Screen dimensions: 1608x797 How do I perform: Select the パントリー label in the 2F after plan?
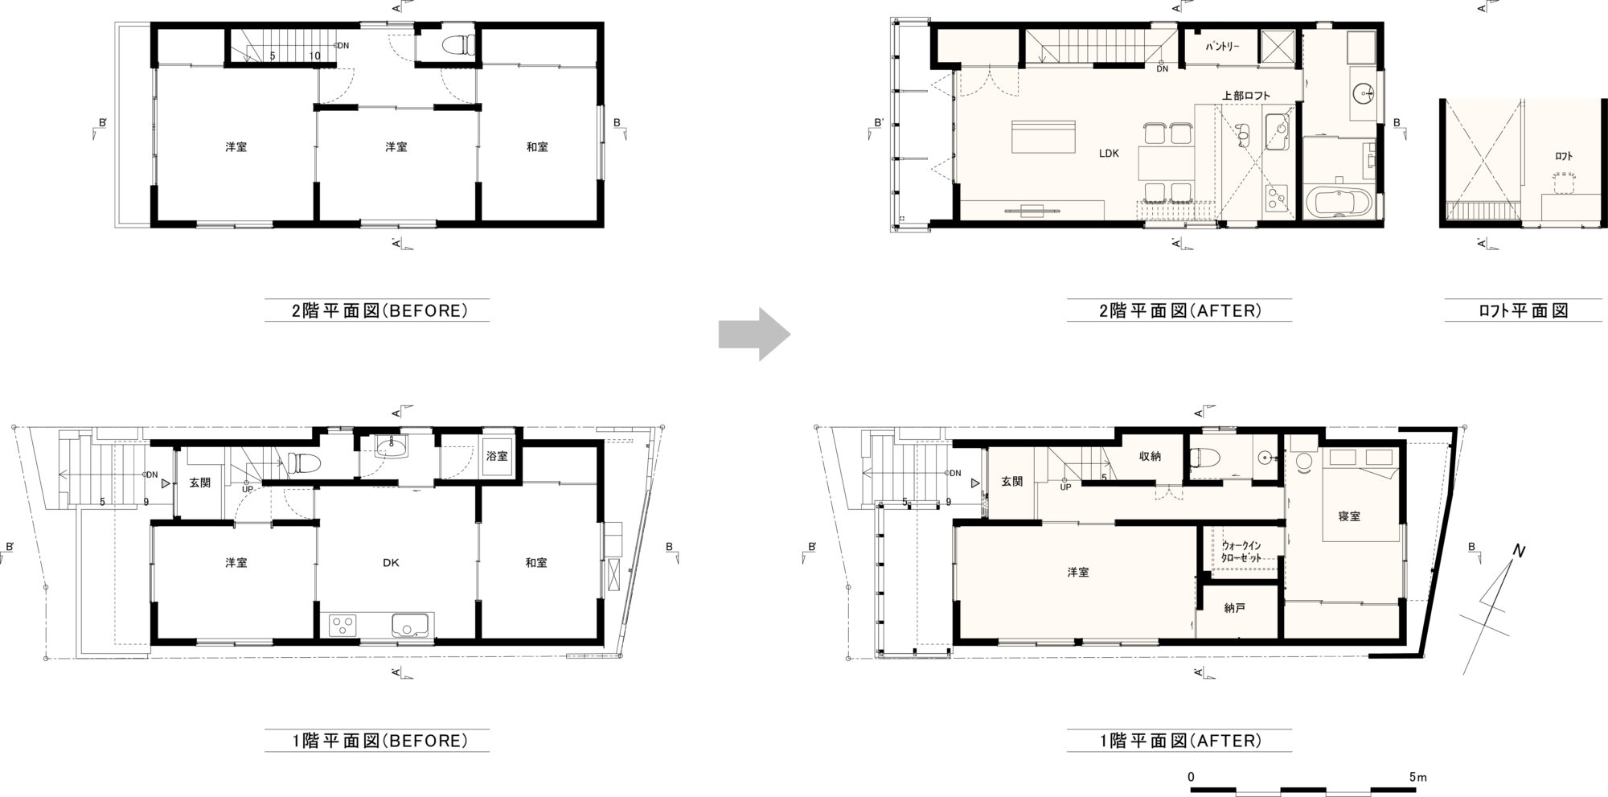[1222, 47]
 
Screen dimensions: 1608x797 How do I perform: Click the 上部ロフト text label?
[1246, 96]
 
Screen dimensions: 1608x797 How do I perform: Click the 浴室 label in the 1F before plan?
[497, 456]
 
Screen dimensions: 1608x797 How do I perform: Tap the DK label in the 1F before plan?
[391, 563]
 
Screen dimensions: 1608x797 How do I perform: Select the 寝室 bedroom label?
[1349, 516]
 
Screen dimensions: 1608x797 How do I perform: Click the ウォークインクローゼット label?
[1241, 552]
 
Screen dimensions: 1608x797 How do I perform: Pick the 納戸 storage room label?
[1235, 608]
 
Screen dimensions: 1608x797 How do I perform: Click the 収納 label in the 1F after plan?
[1149, 457]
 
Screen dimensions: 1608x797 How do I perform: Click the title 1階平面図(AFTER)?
[1179, 740]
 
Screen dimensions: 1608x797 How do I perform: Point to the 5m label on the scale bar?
[1417, 778]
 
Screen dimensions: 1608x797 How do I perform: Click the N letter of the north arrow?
[1520, 551]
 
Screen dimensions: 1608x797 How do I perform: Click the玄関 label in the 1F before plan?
[200, 483]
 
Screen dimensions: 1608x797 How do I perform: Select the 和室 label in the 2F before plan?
[537, 147]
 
